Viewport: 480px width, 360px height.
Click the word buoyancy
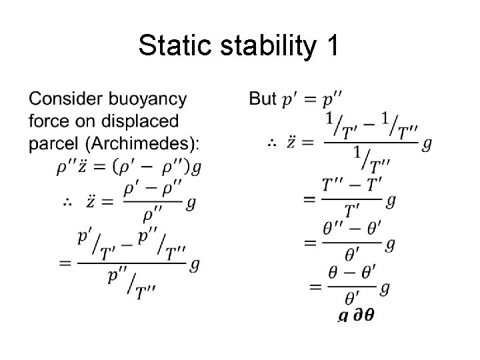(x=153, y=101)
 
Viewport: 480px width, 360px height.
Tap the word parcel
(x=52, y=145)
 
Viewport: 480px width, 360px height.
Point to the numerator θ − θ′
(x=353, y=274)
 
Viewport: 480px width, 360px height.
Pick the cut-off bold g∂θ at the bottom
(x=355, y=315)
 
